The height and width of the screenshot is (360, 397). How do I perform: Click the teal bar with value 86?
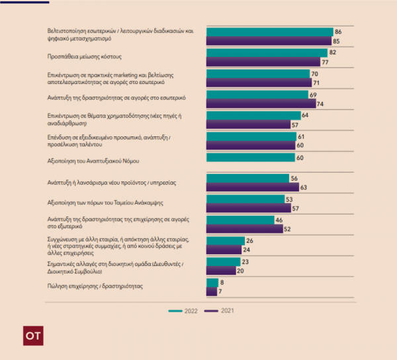click(269, 32)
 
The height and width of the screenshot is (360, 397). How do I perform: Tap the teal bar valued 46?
click(240, 220)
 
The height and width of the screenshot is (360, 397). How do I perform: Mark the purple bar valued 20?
click(221, 271)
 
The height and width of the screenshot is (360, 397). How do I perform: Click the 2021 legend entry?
click(220, 310)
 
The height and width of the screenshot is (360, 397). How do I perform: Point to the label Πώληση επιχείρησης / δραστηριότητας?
click(95, 286)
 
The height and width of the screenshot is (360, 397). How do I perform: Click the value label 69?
click(313, 95)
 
